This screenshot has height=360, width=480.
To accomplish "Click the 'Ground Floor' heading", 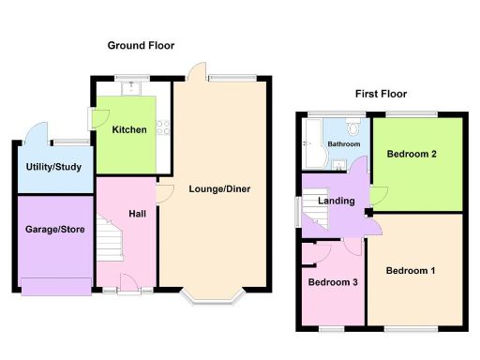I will tap(141, 45).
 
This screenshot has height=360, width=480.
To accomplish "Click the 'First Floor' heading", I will tap(382, 94).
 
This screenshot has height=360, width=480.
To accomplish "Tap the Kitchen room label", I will tap(128, 129).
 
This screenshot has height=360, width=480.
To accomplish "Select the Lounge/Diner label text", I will tap(218, 188).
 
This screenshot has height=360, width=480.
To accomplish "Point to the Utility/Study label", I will tap(53, 168).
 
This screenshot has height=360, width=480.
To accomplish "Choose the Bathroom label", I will tap(344, 145).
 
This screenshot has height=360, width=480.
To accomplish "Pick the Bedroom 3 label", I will tap(332, 281).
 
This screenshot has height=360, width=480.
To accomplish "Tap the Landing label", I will tap(337, 202).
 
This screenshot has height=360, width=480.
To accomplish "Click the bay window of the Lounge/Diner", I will tap(214, 299).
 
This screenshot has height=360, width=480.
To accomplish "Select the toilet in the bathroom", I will tap(352, 127).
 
